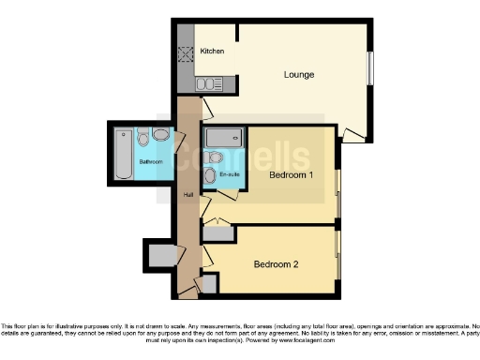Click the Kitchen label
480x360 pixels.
[212, 52]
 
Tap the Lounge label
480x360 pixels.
[299, 74]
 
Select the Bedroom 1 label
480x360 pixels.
[291, 175]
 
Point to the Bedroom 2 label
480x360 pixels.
[276, 264]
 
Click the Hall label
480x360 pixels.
[187, 195]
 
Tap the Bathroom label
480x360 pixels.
[151, 161]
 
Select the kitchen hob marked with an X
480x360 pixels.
[184, 53]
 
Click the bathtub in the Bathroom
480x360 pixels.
[124, 154]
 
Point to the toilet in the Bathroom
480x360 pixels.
[143, 138]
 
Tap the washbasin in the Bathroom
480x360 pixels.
[162, 137]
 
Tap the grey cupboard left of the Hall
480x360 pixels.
[160, 253]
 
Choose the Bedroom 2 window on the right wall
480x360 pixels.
[337, 258]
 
